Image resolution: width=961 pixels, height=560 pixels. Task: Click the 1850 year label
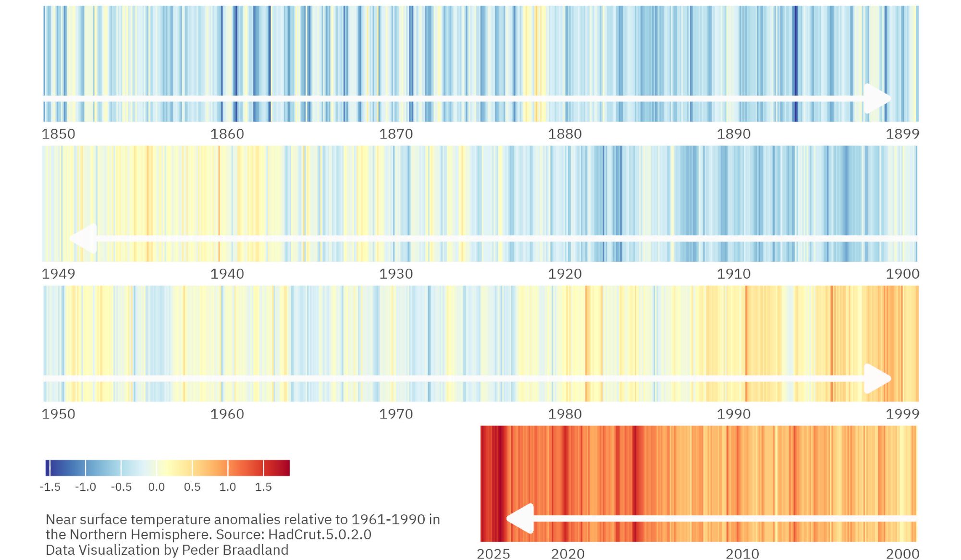(59, 134)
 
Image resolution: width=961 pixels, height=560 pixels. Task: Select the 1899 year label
(902, 134)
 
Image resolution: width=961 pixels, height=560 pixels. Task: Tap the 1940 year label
(227, 274)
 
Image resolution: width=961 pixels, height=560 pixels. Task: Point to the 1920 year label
(565, 274)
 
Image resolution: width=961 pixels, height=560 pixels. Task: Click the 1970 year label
(396, 414)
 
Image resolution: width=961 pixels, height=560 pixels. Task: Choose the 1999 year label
(902, 414)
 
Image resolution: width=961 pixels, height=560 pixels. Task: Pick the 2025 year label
(493, 554)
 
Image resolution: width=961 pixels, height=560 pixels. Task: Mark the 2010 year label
(742, 554)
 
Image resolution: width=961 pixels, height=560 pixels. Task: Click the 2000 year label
(902, 554)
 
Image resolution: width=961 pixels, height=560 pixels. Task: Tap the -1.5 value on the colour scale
(50, 487)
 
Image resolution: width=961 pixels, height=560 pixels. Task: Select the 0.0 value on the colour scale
(157, 487)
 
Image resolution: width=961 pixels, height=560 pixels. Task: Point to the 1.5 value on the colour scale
(263, 487)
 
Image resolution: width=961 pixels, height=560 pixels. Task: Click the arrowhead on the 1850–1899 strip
(877, 98)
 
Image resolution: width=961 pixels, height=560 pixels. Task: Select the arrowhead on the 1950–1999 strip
(877, 378)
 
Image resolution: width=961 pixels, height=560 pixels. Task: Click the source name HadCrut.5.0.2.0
(320, 535)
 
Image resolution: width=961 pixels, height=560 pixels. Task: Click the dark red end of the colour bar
(283, 468)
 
